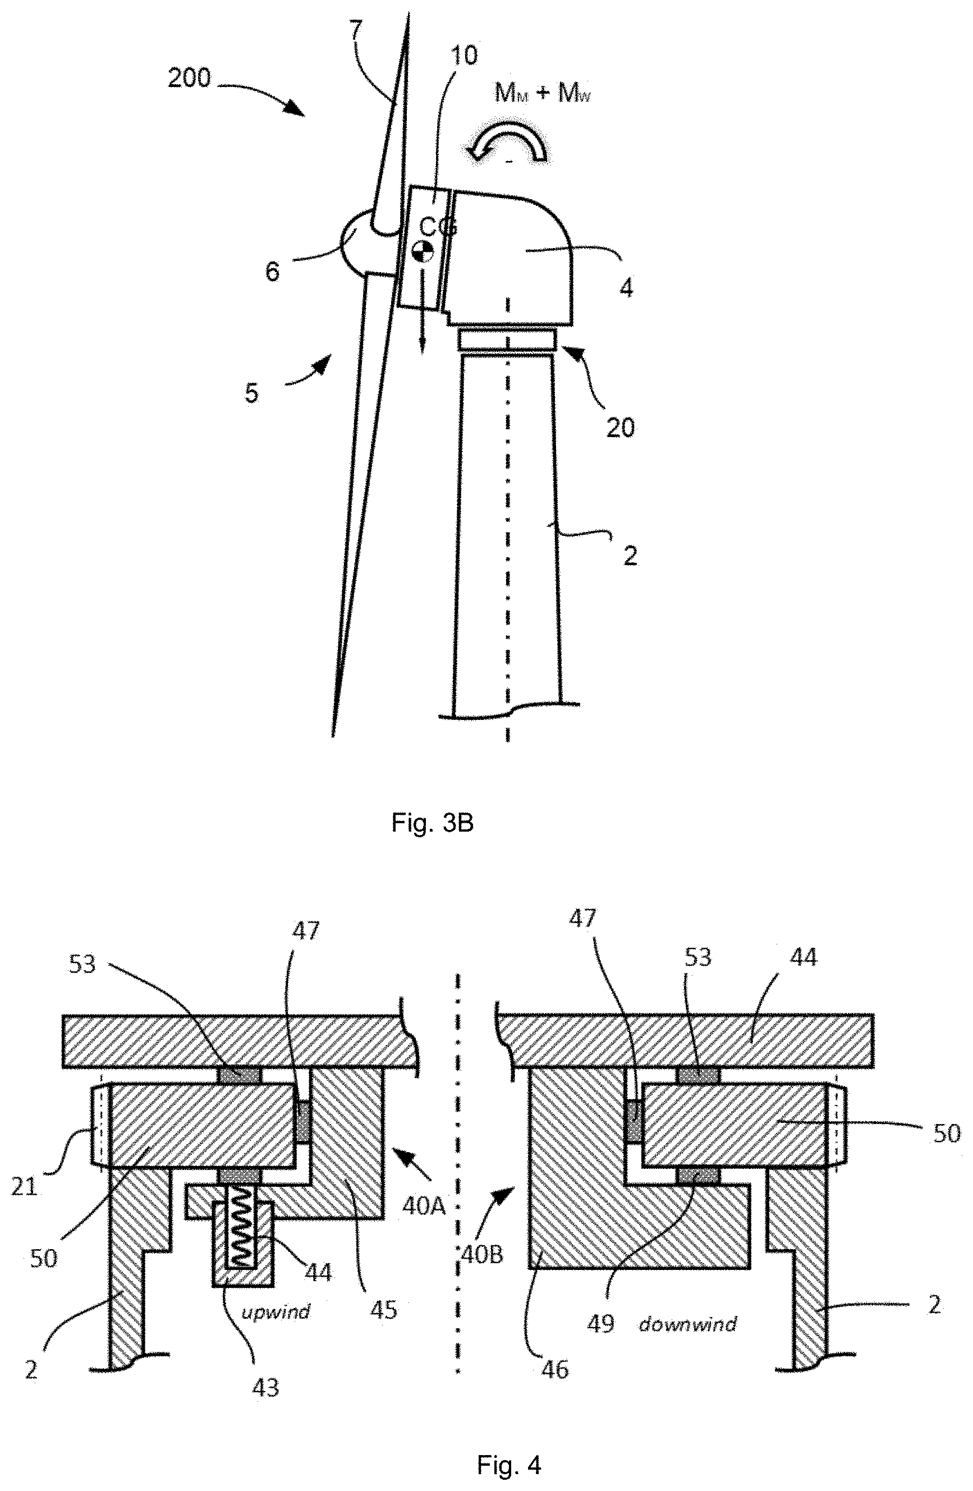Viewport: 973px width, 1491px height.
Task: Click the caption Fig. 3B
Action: [432, 823]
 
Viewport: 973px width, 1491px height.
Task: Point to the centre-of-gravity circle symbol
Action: [423, 251]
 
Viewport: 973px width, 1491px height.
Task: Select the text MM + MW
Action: [543, 94]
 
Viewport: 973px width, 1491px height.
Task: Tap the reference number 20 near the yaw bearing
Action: [620, 428]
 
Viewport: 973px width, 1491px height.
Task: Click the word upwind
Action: [276, 1311]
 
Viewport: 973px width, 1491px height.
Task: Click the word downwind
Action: [688, 1323]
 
